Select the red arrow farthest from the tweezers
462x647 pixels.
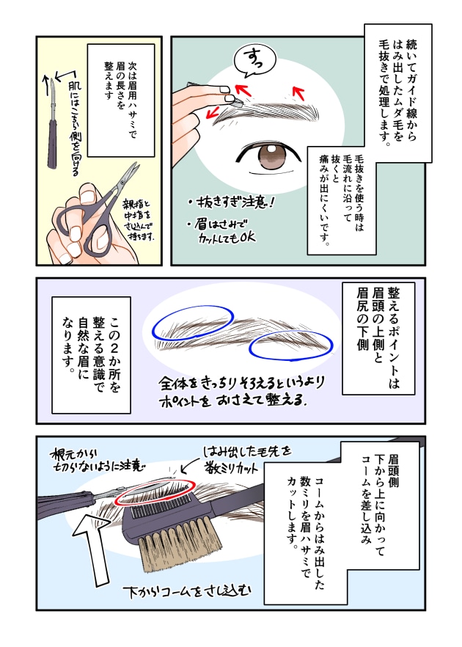tap(298, 92)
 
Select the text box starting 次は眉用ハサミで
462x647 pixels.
tap(120, 99)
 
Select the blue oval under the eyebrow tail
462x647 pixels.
tap(287, 344)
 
